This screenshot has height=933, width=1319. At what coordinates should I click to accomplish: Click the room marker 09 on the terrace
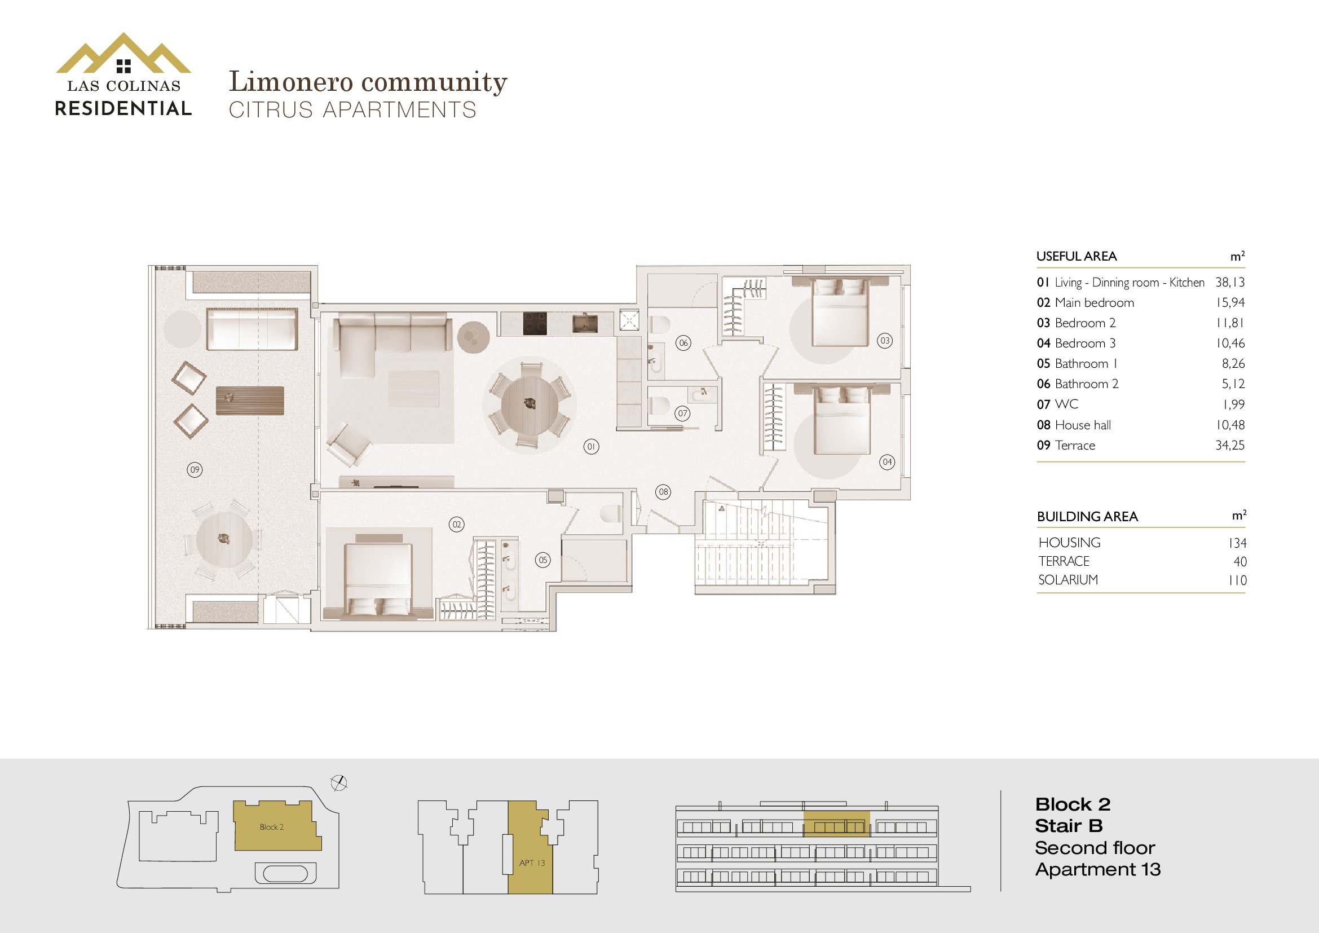(x=195, y=470)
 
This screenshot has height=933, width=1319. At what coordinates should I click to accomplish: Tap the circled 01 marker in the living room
(x=591, y=446)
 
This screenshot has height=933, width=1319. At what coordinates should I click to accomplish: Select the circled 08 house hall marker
(x=664, y=492)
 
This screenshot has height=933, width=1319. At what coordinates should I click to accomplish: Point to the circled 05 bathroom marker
(x=543, y=560)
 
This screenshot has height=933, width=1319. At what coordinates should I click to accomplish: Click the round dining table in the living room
(x=530, y=404)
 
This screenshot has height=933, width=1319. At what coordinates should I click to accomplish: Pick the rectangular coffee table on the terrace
(x=250, y=401)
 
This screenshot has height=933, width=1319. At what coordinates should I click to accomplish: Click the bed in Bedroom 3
(x=842, y=421)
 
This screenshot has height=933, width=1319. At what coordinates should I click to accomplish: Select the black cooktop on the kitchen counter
(x=534, y=324)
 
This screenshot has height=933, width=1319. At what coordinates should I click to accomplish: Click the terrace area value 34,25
(x=1229, y=445)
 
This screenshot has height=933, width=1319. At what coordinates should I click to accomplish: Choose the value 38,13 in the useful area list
(x=1229, y=282)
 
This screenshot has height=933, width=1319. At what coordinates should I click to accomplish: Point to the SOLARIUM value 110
(x=1237, y=580)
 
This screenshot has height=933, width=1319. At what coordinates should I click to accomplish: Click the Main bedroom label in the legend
(x=1095, y=303)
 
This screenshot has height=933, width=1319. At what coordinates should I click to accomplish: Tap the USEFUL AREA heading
(x=1077, y=256)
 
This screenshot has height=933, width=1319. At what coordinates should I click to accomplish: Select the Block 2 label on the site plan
(x=271, y=827)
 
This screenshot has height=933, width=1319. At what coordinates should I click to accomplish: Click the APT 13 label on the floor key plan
(x=532, y=862)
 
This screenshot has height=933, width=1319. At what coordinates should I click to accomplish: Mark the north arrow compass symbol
(x=339, y=782)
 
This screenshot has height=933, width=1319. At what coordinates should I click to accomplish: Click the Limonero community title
(x=368, y=82)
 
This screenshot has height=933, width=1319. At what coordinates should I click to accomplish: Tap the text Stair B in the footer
(x=1069, y=826)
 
